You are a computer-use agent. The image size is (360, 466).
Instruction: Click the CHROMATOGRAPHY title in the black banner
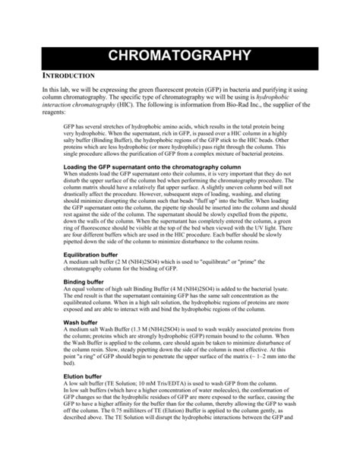pyautogui.click(x=180, y=55)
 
